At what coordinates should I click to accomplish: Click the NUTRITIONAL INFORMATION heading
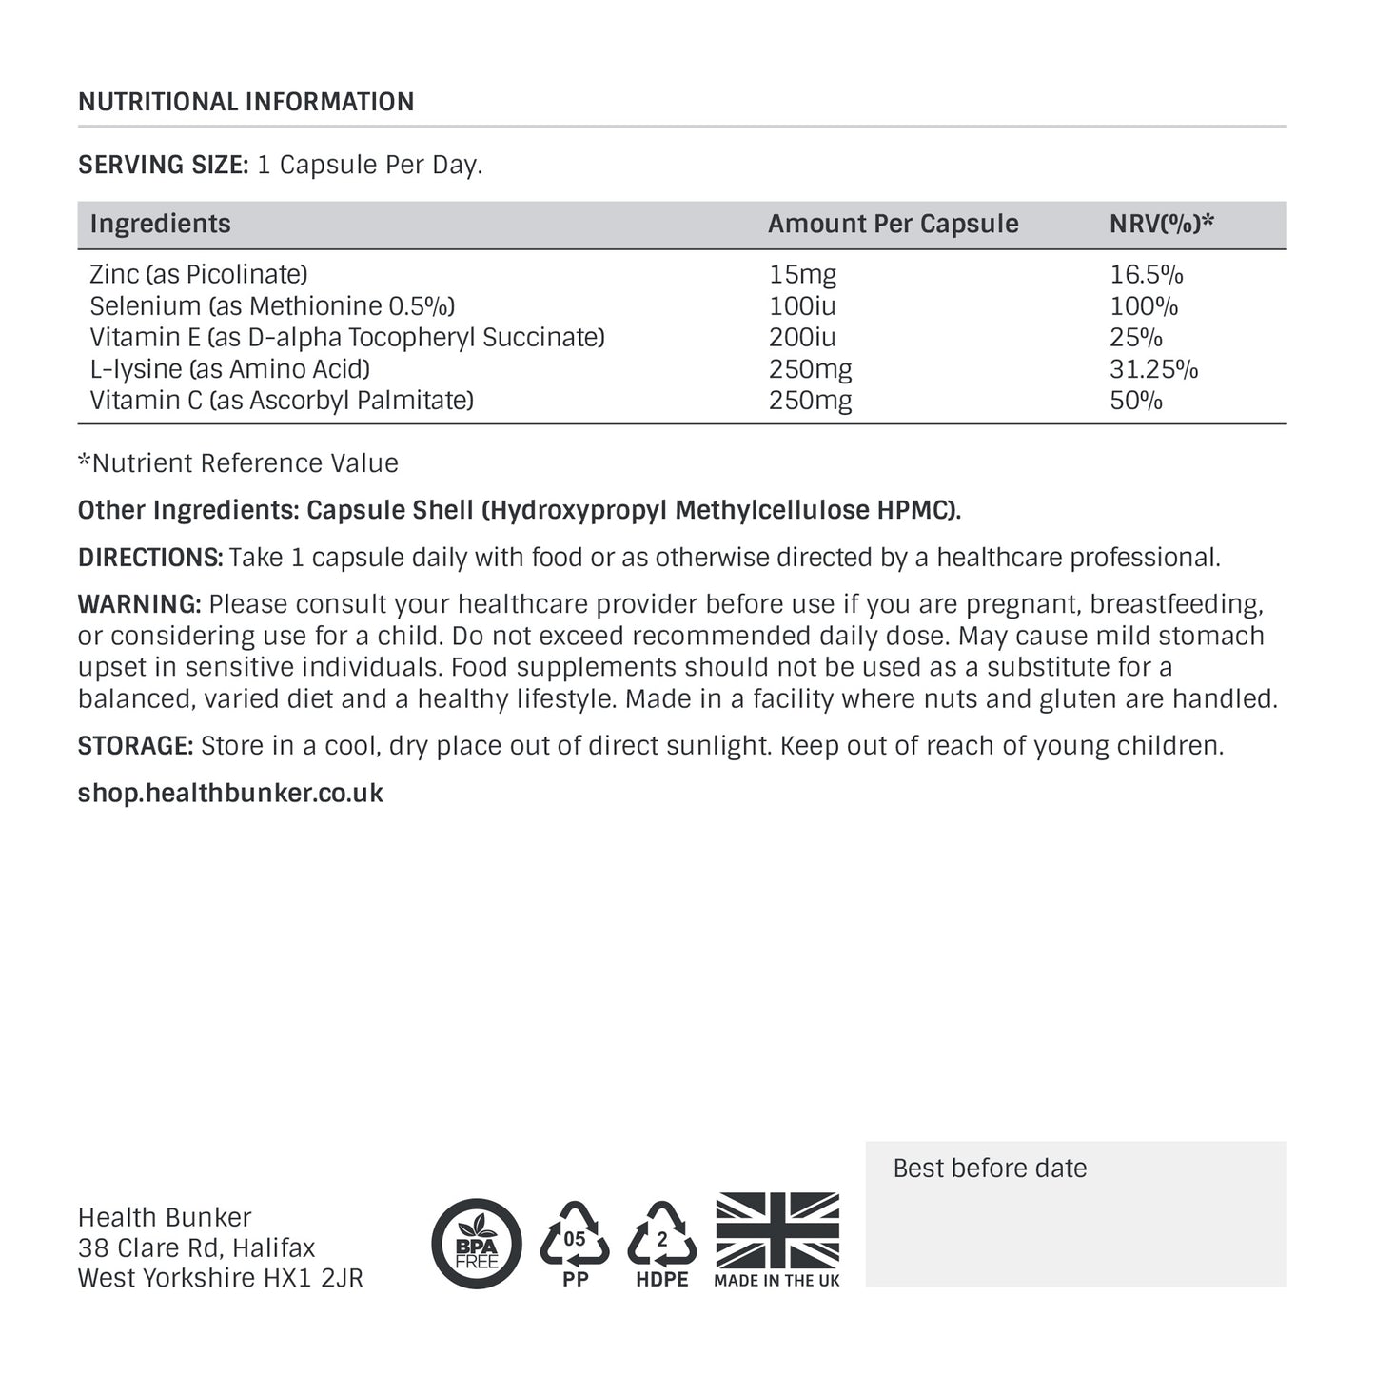[x=246, y=102]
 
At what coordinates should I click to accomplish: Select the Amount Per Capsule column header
[x=893, y=224]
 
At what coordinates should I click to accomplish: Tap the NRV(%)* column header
[x=1162, y=224]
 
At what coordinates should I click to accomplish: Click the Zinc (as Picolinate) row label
[x=199, y=275]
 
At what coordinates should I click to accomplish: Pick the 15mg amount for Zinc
[x=802, y=275]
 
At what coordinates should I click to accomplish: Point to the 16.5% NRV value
[x=1146, y=275]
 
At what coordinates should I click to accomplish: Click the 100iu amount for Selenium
[x=802, y=306]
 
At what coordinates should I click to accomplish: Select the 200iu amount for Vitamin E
[x=802, y=338]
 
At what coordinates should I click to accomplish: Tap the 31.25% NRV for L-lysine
[x=1153, y=369]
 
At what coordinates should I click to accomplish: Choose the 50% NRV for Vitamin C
[x=1136, y=401]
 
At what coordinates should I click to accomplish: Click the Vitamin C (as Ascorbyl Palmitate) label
[x=282, y=401]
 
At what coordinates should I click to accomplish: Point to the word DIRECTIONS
[x=149, y=558]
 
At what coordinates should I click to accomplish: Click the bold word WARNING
[x=139, y=604]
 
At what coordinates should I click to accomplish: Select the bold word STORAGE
[x=135, y=746]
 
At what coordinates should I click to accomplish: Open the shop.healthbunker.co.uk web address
[x=230, y=794]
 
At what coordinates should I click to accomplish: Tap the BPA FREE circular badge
[x=477, y=1244]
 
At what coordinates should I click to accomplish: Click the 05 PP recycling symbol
[x=575, y=1242]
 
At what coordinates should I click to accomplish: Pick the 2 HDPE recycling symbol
[x=662, y=1242]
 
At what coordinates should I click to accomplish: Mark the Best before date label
[x=990, y=1169]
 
